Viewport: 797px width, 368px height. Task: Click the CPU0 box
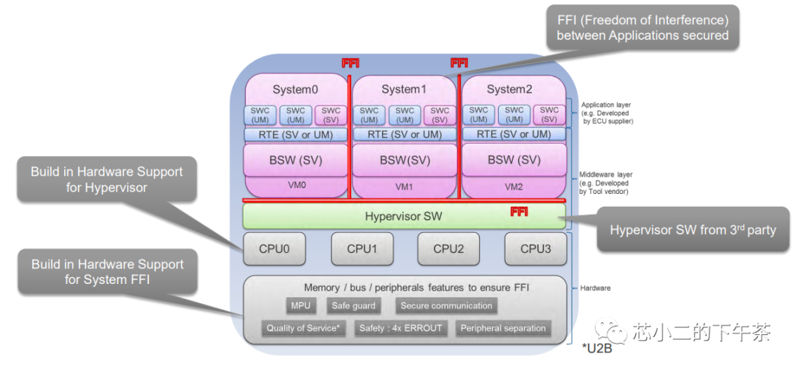click(x=275, y=249)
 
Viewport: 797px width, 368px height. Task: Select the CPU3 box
click(x=535, y=249)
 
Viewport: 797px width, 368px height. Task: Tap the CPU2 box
click(x=448, y=249)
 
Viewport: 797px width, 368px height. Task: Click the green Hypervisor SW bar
click(x=404, y=216)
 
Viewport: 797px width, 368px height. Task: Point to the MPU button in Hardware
click(x=300, y=306)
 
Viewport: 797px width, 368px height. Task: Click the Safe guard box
click(x=353, y=306)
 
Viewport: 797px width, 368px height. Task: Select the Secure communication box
click(x=446, y=306)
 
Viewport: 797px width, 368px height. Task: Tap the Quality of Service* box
click(x=303, y=328)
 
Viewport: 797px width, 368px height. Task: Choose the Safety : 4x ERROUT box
click(x=400, y=328)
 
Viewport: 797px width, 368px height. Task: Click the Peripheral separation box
click(x=503, y=328)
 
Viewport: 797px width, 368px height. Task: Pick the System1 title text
click(x=404, y=89)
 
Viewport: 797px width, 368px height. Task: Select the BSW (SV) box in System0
click(x=296, y=159)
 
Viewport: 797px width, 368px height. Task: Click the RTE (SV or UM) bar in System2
click(x=514, y=134)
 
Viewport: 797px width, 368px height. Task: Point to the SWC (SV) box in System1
click(x=440, y=115)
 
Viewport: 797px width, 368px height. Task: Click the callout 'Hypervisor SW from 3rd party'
click(x=692, y=230)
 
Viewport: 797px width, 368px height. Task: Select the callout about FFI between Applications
click(x=642, y=27)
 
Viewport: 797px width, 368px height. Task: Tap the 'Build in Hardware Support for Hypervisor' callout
click(x=106, y=179)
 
